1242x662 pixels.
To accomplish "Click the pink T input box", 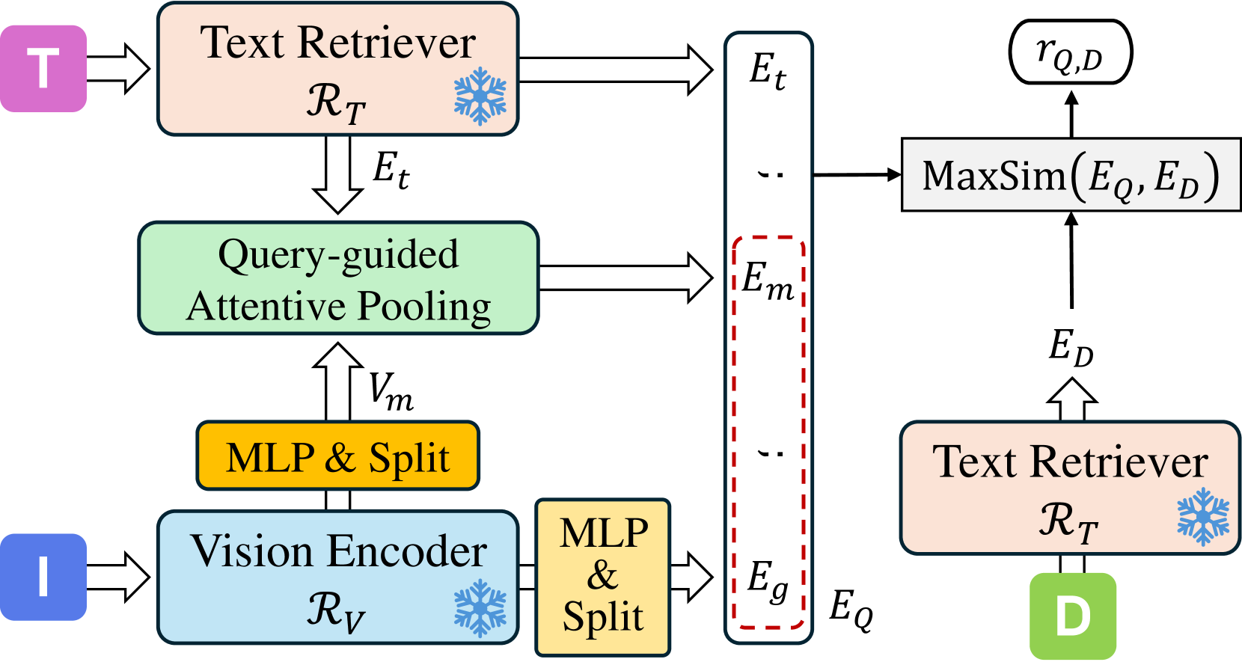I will [43, 69].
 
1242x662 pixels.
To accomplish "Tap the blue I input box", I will [43, 577].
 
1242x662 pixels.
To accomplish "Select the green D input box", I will [1073, 616].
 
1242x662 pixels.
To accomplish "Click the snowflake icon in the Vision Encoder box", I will [480, 608].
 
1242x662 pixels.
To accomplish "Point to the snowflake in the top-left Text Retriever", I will [480, 96].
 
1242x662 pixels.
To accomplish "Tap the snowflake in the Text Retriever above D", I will [1203, 517].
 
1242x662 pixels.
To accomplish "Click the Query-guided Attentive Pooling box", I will [338, 278].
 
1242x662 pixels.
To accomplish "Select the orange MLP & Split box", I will [338, 456].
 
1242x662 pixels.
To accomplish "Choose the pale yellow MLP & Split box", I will [603, 577].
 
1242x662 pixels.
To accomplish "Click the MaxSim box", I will [1071, 175].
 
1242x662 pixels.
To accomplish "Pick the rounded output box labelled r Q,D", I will [1071, 53].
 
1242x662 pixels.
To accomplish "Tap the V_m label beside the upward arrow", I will [391, 391].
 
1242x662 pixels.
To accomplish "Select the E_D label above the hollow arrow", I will [1071, 348].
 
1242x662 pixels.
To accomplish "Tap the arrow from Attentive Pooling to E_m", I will [625, 278].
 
